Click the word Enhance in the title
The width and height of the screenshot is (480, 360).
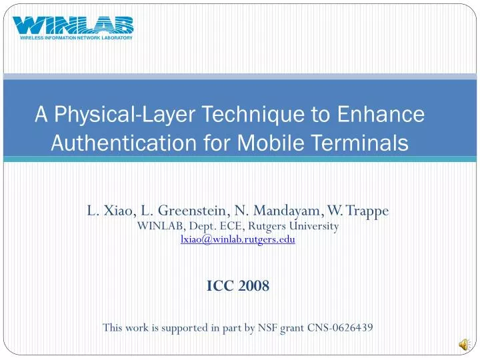[386, 115]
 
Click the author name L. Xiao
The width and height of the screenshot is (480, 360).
[109, 211]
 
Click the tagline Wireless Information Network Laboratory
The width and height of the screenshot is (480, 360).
[73, 38]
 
